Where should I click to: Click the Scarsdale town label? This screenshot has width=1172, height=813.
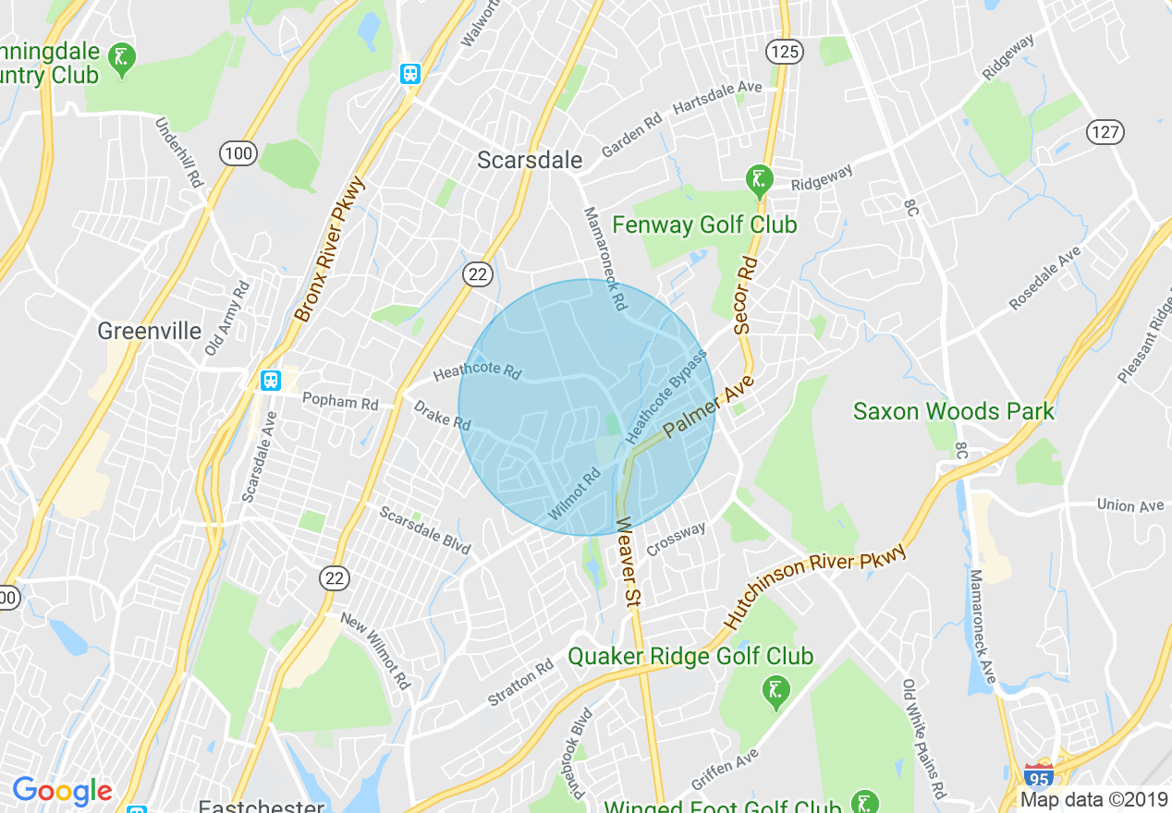(x=530, y=160)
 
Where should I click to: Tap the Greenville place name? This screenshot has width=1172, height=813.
(x=149, y=330)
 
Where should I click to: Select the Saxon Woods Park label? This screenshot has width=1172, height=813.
(x=953, y=411)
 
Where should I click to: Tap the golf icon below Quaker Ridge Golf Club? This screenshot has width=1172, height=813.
(x=774, y=690)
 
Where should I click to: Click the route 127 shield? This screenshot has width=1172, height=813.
(x=1105, y=131)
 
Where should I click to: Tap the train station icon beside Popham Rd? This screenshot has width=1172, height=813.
(x=270, y=380)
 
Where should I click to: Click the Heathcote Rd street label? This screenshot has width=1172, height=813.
(x=477, y=371)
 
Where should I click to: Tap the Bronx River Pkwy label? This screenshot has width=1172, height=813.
(x=330, y=249)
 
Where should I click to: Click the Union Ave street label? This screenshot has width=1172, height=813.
(x=1129, y=505)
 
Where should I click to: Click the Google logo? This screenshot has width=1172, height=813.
(x=62, y=791)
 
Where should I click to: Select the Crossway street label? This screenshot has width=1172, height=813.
(x=676, y=540)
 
